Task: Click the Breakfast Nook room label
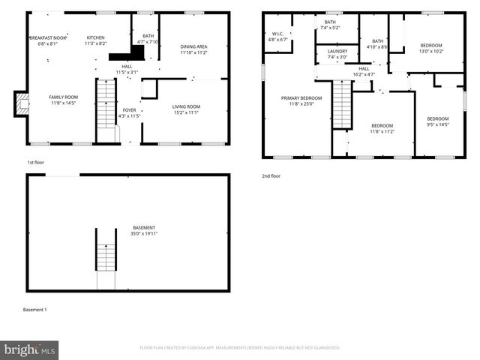click(48, 40)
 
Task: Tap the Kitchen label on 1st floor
click(96, 40)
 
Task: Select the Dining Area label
click(193, 50)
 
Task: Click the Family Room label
click(64, 100)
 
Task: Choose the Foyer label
click(130, 113)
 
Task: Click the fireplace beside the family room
click(22, 103)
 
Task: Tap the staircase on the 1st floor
click(106, 103)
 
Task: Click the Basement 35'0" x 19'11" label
click(145, 230)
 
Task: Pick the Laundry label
click(337, 54)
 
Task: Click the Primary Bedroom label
click(301, 100)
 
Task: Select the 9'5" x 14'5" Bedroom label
click(438, 121)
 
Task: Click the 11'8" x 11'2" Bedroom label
click(382, 129)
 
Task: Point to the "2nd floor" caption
click(271, 176)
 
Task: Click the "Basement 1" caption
click(34, 310)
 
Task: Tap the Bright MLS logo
click(30, 349)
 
